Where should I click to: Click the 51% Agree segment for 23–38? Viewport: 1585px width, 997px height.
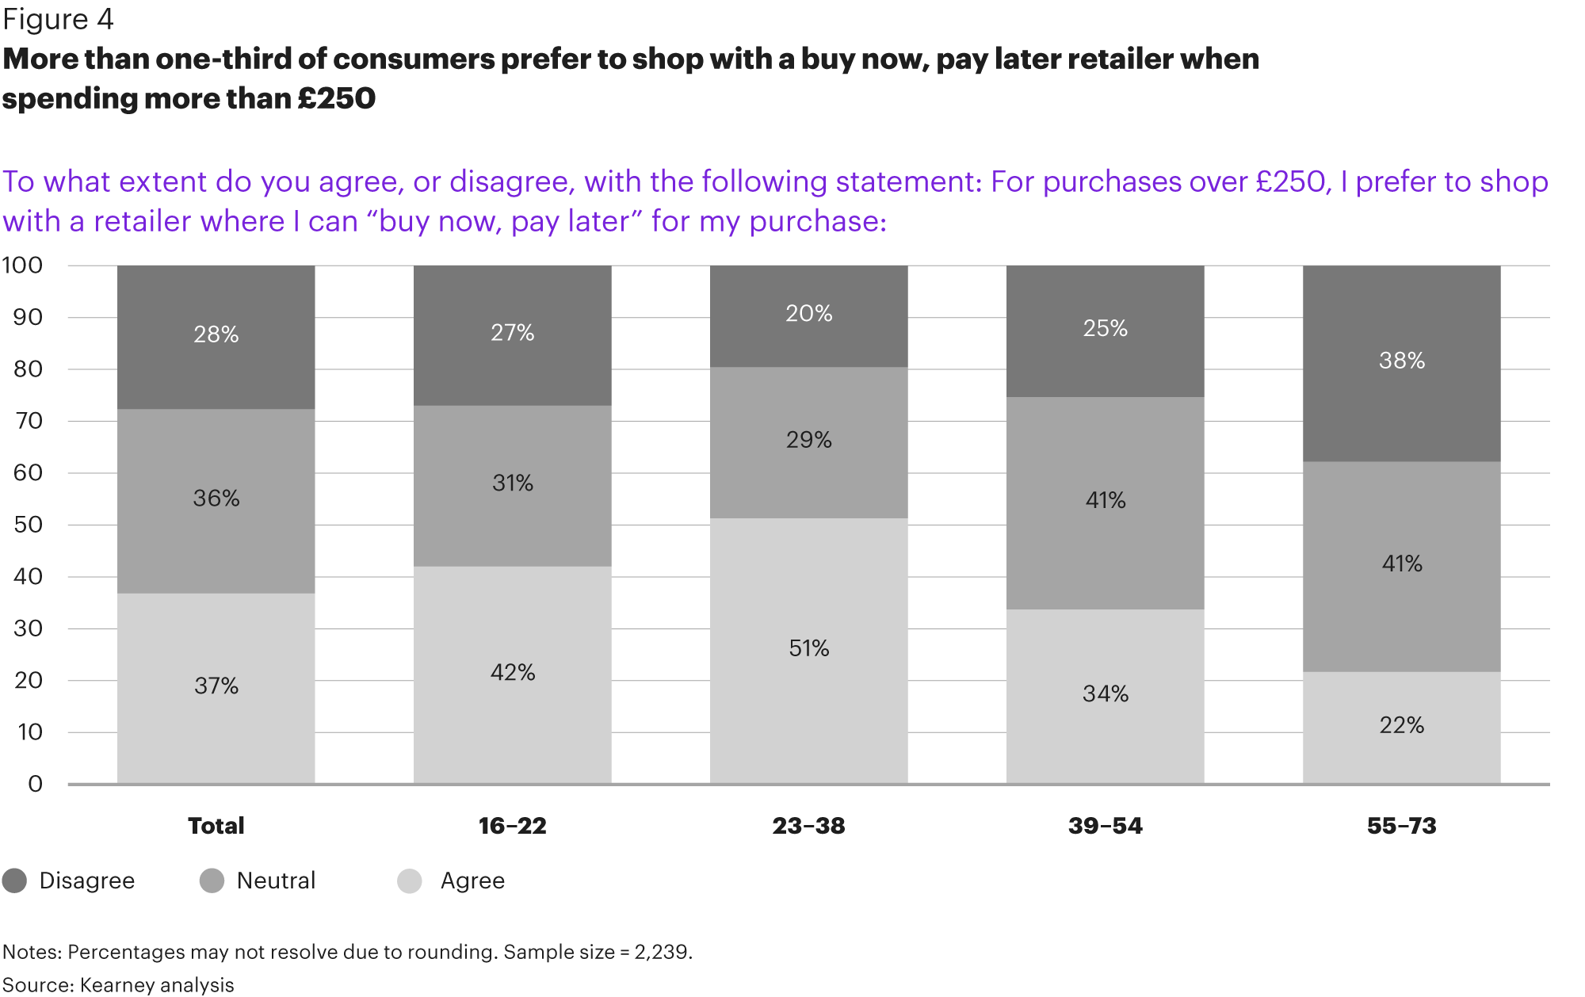(x=808, y=650)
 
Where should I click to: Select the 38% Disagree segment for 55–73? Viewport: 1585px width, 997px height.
(x=1401, y=362)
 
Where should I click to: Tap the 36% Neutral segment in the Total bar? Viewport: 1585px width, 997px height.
(x=216, y=499)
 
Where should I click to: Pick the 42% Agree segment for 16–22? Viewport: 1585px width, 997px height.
(x=512, y=674)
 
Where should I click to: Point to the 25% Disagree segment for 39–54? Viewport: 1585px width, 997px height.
(x=1105, y=330)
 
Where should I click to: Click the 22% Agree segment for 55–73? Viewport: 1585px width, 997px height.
(x=1401, y=726)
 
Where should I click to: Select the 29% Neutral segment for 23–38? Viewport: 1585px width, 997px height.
(x=808, y=441)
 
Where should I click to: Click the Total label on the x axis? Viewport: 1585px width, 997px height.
(x=216, y=826)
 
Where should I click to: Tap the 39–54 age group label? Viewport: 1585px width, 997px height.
(x=1105, y=826)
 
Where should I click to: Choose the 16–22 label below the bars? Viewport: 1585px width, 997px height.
(x=512, y=826)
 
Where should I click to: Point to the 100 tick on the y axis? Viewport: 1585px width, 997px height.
(x=22, y=265)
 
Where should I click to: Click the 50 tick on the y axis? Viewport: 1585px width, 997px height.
(x=28, y=525)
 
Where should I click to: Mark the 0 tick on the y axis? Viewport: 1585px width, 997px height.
(x=35, y=785)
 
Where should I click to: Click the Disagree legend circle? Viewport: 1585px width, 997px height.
(x=14, y=880)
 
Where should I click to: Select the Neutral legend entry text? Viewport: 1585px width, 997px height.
(x=276, y=880)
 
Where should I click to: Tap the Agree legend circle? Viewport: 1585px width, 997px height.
(x=410, y=880)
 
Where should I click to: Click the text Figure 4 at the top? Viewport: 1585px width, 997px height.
(x=58, y=19)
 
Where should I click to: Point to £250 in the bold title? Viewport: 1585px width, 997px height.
(x=336, y=98)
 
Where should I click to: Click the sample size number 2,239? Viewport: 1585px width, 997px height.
(x=663, y=952)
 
